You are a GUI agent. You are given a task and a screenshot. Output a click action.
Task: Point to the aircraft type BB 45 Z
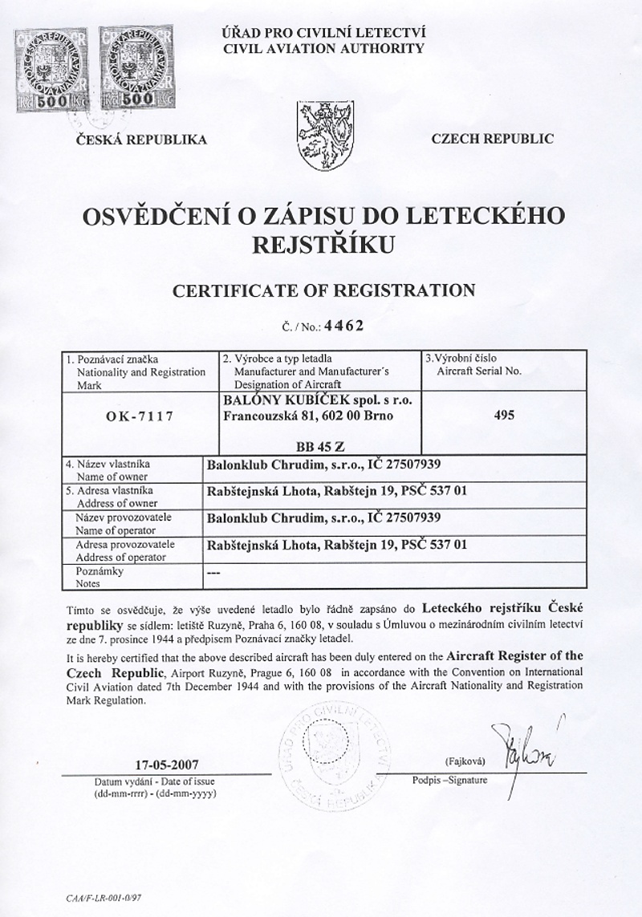click(x=317, y=448)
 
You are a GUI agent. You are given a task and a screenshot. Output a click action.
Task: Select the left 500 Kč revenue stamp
click(x=50, y=71)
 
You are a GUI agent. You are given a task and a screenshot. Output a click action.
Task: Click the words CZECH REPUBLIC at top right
click(x=491, y=139)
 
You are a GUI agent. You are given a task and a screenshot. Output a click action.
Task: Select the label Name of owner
click(x=108, y=476)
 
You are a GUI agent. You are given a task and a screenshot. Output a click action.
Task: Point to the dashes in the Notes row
click(x=213, y=573)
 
